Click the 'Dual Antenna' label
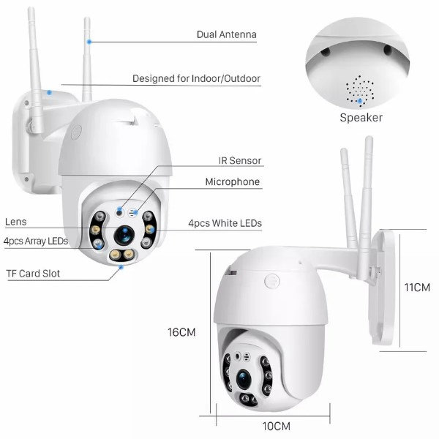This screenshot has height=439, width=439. coord(227,34)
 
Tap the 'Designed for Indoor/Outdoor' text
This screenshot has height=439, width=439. coord(196,78)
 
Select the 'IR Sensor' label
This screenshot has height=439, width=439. coord(239,160)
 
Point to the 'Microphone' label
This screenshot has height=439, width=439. coord(232,181)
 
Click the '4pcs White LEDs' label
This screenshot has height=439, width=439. coord(225,222)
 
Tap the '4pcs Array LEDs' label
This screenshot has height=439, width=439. coord(36,241)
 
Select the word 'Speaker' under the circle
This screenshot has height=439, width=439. coord(361,117)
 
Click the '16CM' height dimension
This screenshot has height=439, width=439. coord(181,331)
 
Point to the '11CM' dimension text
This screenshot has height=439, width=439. coord(417,288)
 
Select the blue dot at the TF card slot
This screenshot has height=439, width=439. coord(121,267)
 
